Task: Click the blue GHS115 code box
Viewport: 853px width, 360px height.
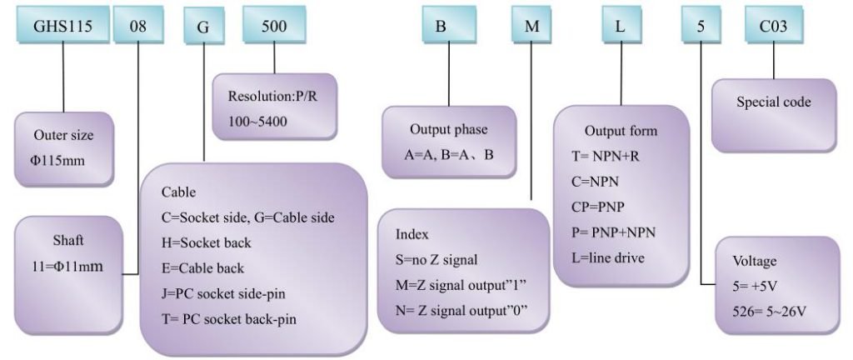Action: [x=62, y=25]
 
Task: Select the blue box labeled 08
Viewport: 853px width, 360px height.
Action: [x=137, y=25]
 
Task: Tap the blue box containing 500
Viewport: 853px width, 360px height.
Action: [x=274, y=25]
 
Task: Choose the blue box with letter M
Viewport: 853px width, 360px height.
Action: [x=531, y=25]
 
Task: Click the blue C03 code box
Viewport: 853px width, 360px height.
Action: [x=774, y=25]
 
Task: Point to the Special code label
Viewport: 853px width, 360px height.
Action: [x=773, y=102]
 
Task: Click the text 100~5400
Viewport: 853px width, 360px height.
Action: [x=257, y=121]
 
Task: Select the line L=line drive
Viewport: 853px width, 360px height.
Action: [x=607, y=257]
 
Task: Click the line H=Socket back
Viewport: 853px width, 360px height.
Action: [x=207, y=242]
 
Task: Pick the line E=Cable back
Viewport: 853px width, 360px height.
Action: [x=202, y=268]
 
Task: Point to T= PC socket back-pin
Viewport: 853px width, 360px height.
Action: [x=229, y=318]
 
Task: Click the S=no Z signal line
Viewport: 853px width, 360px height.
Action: [x=436, y=259]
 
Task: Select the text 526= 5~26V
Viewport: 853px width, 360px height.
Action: [x=769, y=312]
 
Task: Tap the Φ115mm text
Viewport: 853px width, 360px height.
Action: [x=57, y=161]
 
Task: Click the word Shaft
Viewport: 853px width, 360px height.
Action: [x=68, y=240]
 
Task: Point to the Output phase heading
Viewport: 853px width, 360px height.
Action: [x=449, y=129]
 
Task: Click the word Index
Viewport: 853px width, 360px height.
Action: [x=412, y=234]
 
